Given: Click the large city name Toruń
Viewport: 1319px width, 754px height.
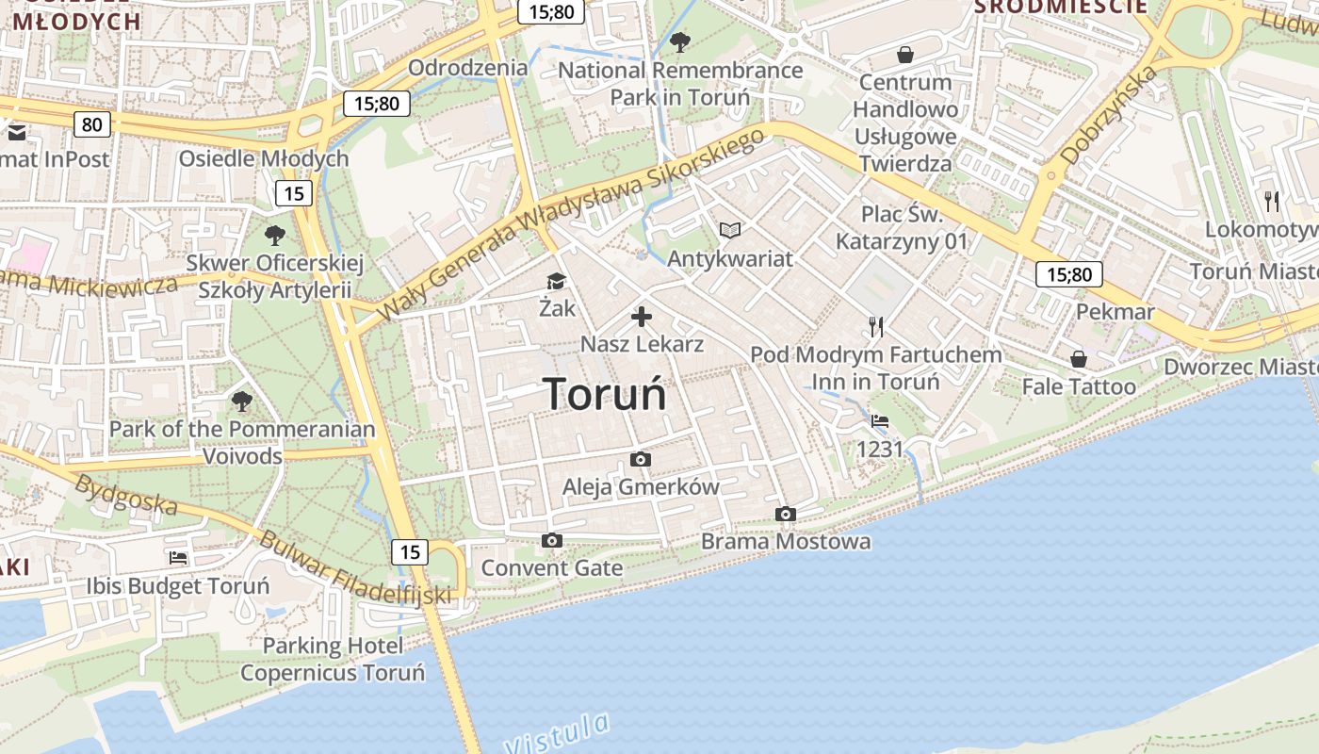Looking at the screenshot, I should (x=605, y=394).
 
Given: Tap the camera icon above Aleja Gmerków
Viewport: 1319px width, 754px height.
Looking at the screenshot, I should (x=641, y=459).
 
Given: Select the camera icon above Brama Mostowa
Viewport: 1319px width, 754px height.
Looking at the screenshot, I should (x=786, y=514).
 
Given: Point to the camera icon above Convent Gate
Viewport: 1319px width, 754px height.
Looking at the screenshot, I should (x=552, y=540).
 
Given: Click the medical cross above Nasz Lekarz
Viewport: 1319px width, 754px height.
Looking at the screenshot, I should (x=642, y=317).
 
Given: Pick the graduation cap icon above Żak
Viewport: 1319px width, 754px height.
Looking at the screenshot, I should (x=557, y=281).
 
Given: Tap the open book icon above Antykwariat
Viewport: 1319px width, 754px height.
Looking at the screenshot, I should (x=730, y=230).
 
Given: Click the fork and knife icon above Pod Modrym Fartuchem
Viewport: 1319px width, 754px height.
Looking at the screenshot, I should (x=876, y=327).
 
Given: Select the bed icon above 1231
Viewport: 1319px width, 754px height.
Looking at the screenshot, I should (x=880, y=421).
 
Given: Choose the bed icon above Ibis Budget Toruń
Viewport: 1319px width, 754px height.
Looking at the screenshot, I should (x=178, y=557).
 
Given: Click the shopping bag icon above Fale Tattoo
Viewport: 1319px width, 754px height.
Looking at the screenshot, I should (x=1079, y=359).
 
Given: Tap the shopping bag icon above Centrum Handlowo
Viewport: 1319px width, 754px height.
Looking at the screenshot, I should (x=905, y=55).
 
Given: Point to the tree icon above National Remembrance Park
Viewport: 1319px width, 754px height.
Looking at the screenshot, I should (x=680, y=41).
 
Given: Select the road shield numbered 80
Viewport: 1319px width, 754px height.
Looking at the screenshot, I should (x=91, y=124).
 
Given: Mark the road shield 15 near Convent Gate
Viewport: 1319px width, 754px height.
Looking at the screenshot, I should (x=410, y=552).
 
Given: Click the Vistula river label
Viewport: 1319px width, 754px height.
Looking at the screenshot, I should (x=558, y=733).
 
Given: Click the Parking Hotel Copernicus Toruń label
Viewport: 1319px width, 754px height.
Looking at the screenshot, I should (x=333, y=659).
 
